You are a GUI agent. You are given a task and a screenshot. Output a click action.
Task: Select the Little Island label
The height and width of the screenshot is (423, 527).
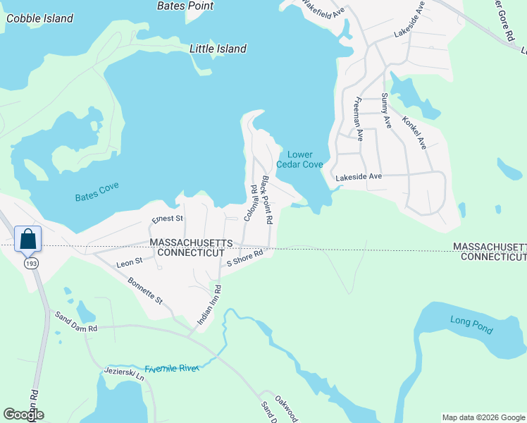coord(218,49)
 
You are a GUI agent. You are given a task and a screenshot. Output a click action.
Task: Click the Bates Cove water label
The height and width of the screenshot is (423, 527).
coord(97,192)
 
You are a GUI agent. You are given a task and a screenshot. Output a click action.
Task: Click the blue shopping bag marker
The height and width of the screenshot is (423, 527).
coord(27,238)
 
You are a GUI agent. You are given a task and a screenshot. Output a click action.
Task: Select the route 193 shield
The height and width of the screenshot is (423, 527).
coord(32,263)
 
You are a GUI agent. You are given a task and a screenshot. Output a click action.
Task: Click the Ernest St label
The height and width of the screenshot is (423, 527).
coord(167,219)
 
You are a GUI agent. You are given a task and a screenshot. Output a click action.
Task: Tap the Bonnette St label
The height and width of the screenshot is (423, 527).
coord(146,290)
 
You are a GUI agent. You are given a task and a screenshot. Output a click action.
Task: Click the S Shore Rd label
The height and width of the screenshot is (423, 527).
coord(244,258)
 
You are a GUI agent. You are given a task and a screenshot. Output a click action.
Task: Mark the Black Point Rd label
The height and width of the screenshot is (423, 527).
coord(267,200)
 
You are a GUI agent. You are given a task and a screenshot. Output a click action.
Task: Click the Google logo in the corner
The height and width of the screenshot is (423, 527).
coord(24,415)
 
